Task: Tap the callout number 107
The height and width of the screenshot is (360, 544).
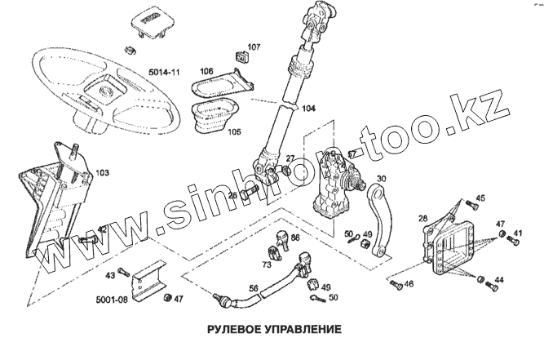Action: tap(253, 47)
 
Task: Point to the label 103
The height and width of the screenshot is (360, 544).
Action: tap(102, 173)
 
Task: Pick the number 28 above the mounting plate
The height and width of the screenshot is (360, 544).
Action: tap(422, 219)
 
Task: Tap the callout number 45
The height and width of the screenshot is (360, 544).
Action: tap(480, 198)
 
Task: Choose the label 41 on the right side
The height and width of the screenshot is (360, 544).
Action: tap(517, 234)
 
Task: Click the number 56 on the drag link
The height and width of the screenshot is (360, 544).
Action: tap(254, 288)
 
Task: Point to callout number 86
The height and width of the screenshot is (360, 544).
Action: tap(294, 238)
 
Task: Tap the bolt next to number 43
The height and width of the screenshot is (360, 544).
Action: tap(123, 271)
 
